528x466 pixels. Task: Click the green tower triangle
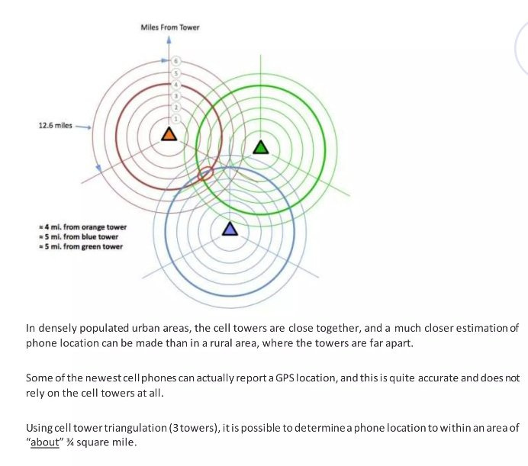pos(261,146)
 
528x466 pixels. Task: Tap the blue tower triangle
pos(230,229)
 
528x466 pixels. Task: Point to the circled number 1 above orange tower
pos(175,119)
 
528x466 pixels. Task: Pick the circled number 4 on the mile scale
pos(175,84)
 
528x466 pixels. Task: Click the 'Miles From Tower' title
pos(170,27)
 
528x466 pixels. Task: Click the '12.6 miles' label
pos(54,126)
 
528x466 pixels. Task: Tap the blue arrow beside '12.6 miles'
pos(83,127)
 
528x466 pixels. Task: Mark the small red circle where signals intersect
pos(205,173)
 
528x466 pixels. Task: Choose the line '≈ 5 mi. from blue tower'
pos(79,236)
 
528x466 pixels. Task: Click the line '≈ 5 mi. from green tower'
pos(80,246)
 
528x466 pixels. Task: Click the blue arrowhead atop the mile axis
pos(170,40)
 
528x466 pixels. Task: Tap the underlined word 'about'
pos(45,442)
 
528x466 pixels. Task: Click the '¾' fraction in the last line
pos(70,442)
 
